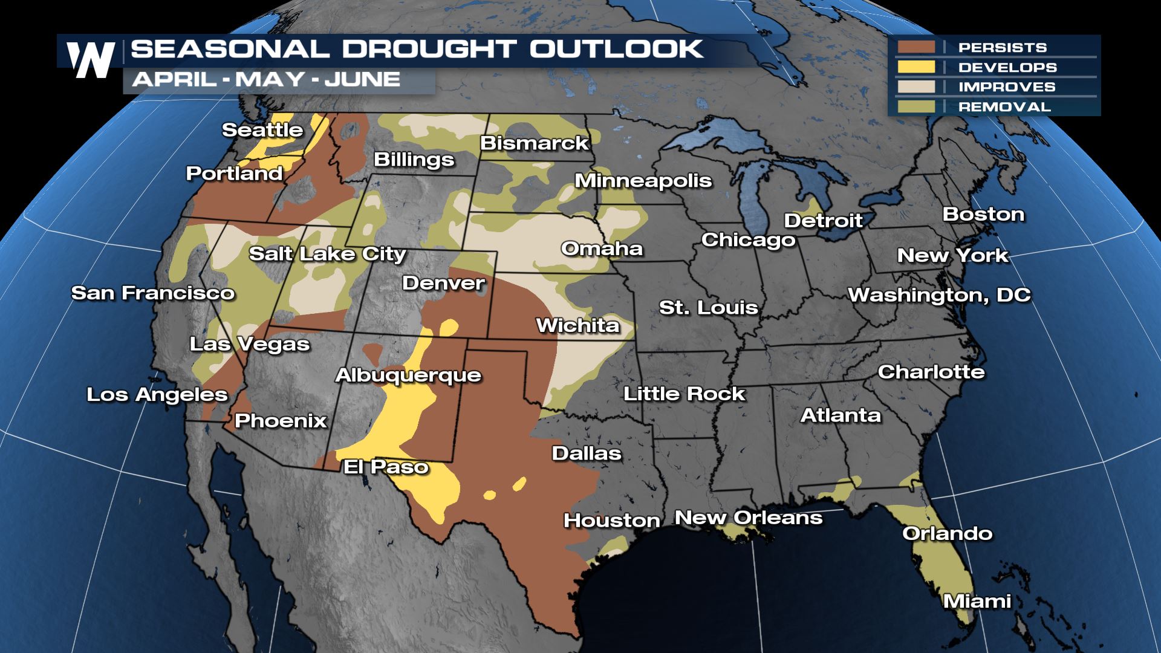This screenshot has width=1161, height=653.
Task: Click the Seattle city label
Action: coord(262,130)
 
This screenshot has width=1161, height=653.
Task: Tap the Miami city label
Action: coord(977,601)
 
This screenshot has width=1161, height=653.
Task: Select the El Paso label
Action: coord(386,467)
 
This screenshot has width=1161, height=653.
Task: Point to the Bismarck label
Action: coord(534,143)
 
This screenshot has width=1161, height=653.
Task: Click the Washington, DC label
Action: coord(939,295)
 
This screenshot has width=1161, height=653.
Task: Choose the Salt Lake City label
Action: coord(327,254)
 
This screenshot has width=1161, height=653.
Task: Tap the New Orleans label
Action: coord(749,518)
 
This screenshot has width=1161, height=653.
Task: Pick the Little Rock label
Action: coord(685,394)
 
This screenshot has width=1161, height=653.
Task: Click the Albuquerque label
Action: coord(408,375)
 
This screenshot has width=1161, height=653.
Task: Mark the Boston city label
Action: coord(983,214)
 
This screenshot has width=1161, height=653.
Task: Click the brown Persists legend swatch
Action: coord(917,47)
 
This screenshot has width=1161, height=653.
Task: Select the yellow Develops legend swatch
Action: coord(917,67)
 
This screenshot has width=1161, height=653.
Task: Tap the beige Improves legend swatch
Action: coord(917,87)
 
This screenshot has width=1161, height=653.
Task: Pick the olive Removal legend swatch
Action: coord(917,107)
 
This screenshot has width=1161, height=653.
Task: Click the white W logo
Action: coord(91,59)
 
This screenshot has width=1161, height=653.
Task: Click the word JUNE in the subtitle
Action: coord(362,79)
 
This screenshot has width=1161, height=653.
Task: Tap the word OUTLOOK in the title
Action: coord(616,49)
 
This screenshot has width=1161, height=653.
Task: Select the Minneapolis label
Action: coord(643,181)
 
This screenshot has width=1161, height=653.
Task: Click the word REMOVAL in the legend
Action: coord(1004,107)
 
